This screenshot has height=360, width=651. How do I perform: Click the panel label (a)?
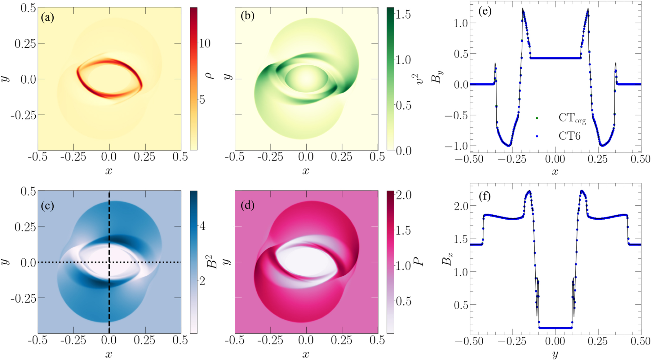tap(47, 17)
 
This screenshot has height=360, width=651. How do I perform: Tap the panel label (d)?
tap(247, 205)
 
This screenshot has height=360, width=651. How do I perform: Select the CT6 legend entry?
tap(569, 136)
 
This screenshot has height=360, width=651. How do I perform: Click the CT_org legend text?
tap(572, 118)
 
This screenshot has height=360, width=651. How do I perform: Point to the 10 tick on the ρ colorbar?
tap(204, 43)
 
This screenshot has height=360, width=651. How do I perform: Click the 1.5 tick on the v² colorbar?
tap(403, 15)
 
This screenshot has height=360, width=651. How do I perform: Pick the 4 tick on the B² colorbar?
tap(202, 226)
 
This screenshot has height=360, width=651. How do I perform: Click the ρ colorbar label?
tap(211, 75)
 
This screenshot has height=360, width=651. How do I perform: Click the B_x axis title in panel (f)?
tap(447, 259)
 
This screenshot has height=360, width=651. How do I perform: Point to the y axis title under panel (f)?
tap(555, 354)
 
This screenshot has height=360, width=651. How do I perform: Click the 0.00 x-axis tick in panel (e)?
tap(555, 159)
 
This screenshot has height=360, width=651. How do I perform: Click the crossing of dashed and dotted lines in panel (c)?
tap(109, 262)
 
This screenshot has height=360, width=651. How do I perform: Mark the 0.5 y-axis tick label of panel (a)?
tap(28, 8)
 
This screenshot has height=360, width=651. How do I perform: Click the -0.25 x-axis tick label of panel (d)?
tap(270, 340)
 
